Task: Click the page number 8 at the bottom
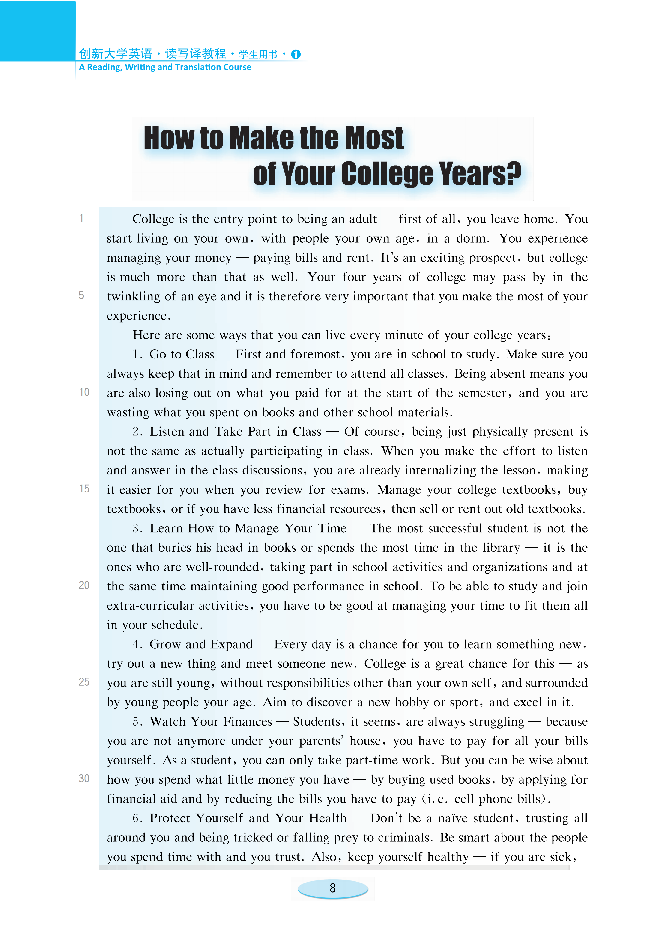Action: click(x=333, y=888)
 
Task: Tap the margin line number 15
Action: click(x=84, y=489)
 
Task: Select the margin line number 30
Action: click(x=84, y=778)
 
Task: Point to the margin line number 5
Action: click(x=81, y=295)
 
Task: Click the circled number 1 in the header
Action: click(x=296, y=54)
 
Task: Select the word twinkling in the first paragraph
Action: click(x=133, y=296)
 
